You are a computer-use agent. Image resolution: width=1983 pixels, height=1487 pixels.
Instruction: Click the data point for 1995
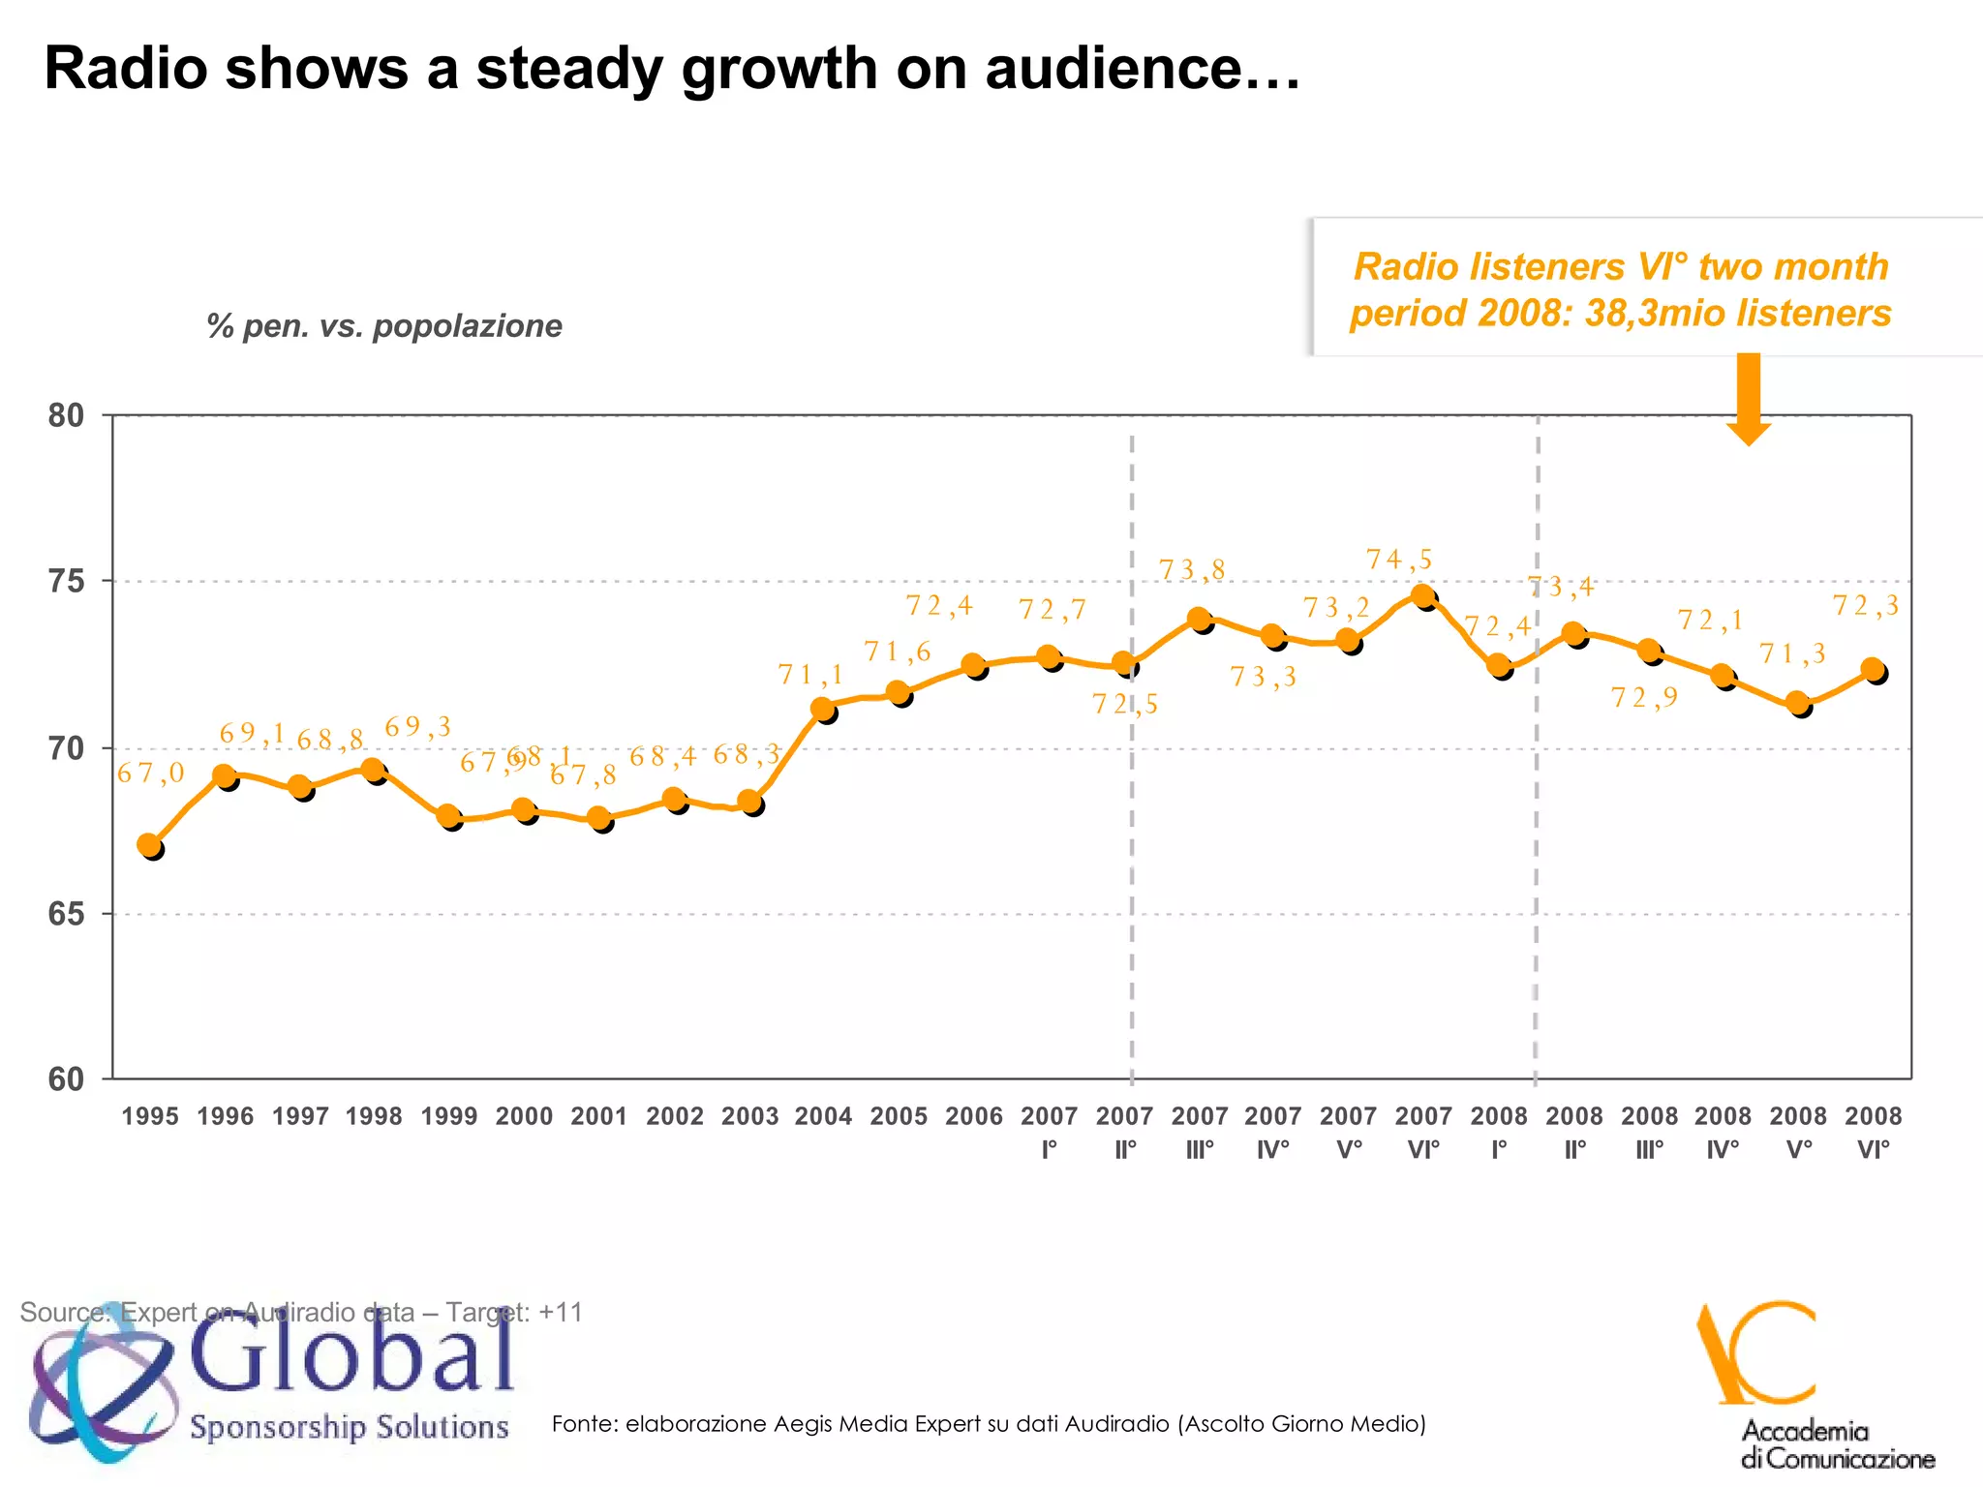(x=150, y=846)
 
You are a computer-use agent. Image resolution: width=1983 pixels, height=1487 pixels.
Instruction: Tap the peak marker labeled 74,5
(x=1422, y=596)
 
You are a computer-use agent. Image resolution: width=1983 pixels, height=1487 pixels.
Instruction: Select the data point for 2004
(x=823, y=710)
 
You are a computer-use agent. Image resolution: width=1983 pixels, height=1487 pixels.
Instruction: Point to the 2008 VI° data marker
(x=1874, y=670)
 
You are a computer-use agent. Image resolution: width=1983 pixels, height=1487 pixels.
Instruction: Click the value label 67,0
(x=150, y=773)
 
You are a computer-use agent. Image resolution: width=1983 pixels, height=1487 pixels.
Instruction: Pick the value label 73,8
(x=1192, y=570)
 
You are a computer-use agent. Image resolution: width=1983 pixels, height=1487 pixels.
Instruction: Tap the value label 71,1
(x=811, y=675)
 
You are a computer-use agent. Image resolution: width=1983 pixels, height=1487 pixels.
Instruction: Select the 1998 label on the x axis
(x=374, y=1116)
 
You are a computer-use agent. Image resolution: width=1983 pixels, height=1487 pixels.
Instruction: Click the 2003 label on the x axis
(x=749, y=1116)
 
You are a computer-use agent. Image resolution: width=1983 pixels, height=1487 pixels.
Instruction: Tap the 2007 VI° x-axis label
(x=1422, y=1132)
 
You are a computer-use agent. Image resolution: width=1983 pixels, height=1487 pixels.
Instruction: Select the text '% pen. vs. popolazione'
(x=384, y=326)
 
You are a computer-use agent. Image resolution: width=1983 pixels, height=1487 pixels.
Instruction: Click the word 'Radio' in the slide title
(x=126, y=70)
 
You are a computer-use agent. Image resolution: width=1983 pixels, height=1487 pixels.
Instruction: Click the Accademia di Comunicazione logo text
(x=1837, y=1444)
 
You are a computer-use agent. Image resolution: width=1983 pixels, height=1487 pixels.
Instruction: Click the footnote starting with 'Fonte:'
(x=989, y=1423)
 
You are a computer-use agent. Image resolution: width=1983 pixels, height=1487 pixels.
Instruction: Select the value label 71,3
(x=1792, y=654)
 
